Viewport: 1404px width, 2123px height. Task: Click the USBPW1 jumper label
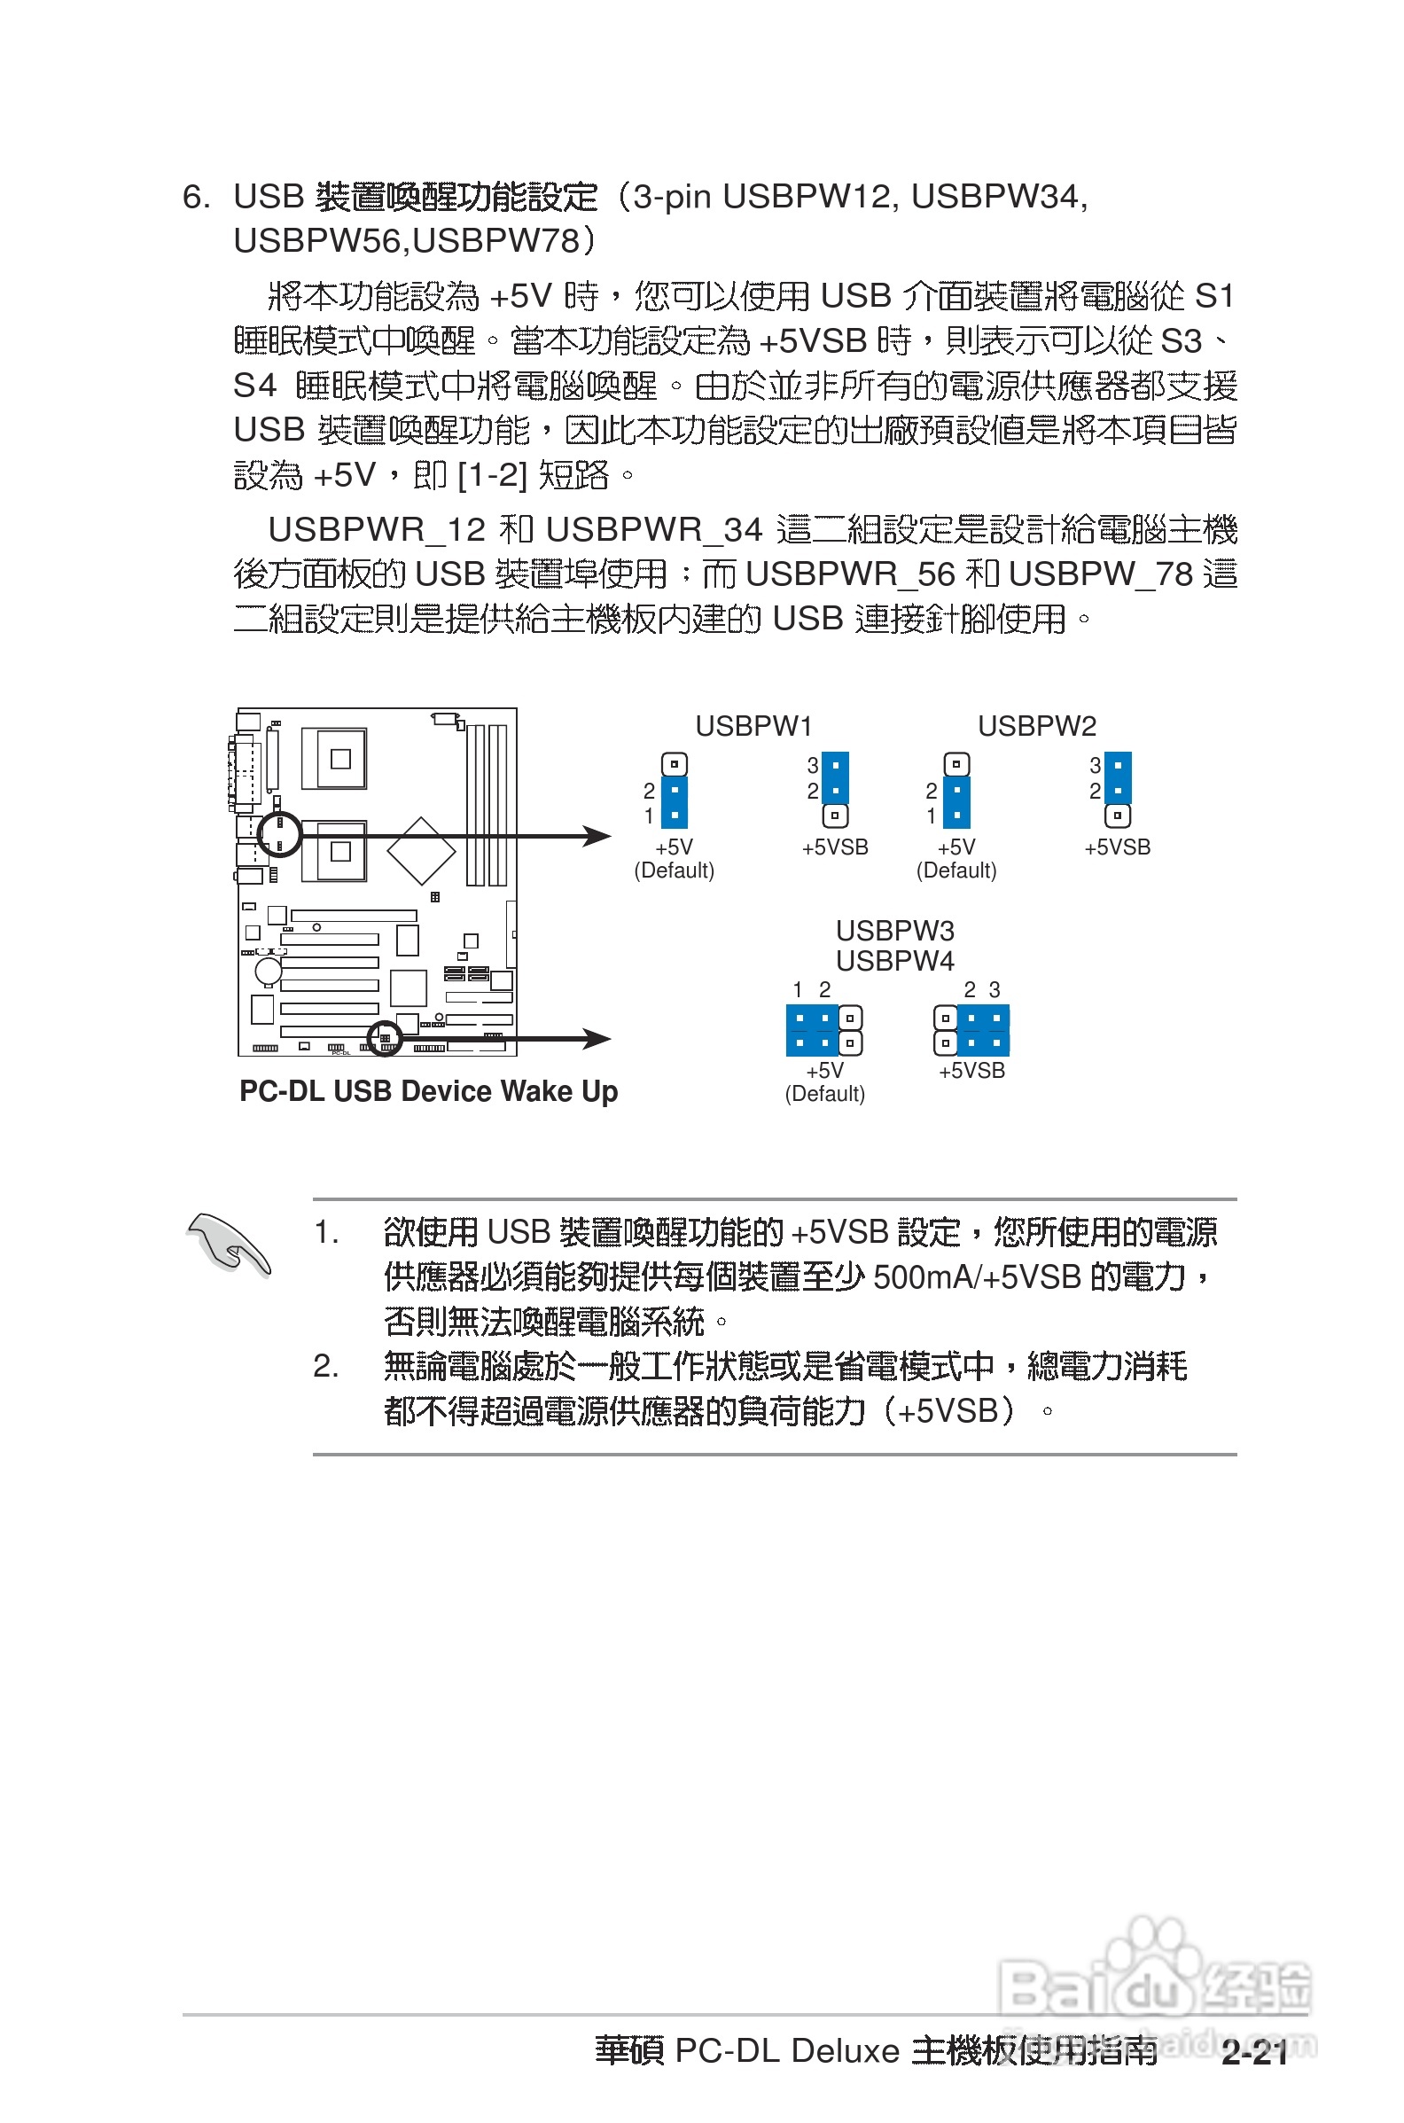pyautogui.click(x=753, y=726)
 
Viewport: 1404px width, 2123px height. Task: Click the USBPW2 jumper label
pyautogui.click(x=1036, y=726)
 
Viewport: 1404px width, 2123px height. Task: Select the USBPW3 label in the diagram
pyautogui.click(x=894, y=932)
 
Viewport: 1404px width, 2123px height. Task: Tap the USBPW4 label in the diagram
pyautogui.click(x=894, y=962)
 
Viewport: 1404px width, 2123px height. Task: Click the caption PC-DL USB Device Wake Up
pyautogui.click(x=428, y=1091)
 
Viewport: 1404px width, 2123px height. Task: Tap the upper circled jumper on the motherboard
pyautogui.click(x=279, y=833)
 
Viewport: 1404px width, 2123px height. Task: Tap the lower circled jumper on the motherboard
pyautogui.click(x=386, y=1038)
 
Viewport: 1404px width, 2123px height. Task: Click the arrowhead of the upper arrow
pyautogui.click(x=598, y=836)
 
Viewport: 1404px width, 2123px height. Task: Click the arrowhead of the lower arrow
pyautogui.click(x=598, y=1039)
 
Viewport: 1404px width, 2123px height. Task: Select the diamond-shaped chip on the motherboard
pyautogui.click(x=421, y=851)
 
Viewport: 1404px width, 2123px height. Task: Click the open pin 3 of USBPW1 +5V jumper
pyautogui.click(x=675, y=765)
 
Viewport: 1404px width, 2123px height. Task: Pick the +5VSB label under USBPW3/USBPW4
pyautogui.click(x=971, y=1071)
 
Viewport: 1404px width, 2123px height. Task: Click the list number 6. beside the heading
pyautogui.click(x=196, y=197)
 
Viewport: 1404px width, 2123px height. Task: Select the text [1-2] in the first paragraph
pyautogui.click(x=492, y=475)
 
